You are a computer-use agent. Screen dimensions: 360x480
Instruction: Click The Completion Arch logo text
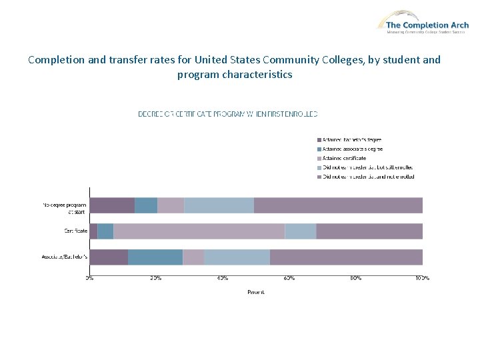[427, 25]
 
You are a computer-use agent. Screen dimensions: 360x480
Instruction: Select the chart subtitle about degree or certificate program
[227, 114]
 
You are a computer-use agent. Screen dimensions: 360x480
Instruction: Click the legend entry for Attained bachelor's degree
[353, 139]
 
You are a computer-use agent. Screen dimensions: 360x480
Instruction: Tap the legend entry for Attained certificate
[345, 158]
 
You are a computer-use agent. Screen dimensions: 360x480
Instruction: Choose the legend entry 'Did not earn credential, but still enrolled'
[368, 167]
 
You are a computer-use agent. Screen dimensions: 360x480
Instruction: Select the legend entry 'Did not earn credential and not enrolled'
[369, 177]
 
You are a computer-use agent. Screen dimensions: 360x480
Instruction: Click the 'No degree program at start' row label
[65, 208]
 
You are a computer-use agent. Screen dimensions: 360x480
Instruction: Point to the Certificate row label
[75, 231]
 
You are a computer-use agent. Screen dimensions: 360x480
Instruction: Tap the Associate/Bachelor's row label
[65, 257]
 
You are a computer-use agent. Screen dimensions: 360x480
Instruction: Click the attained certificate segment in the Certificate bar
[199, 231]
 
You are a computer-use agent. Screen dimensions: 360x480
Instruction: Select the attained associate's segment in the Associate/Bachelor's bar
[155, 257]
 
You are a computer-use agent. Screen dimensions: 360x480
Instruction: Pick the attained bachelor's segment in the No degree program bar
[112, 205]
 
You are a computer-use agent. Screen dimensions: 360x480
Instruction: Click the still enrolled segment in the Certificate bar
[300, 231]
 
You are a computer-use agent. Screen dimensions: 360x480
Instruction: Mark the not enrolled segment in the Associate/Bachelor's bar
[345, 257]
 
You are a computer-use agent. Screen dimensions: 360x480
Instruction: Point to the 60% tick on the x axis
[289, 277]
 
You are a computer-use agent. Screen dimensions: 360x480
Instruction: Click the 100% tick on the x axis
[422, 277]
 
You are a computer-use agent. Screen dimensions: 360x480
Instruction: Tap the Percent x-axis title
[256, 292]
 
